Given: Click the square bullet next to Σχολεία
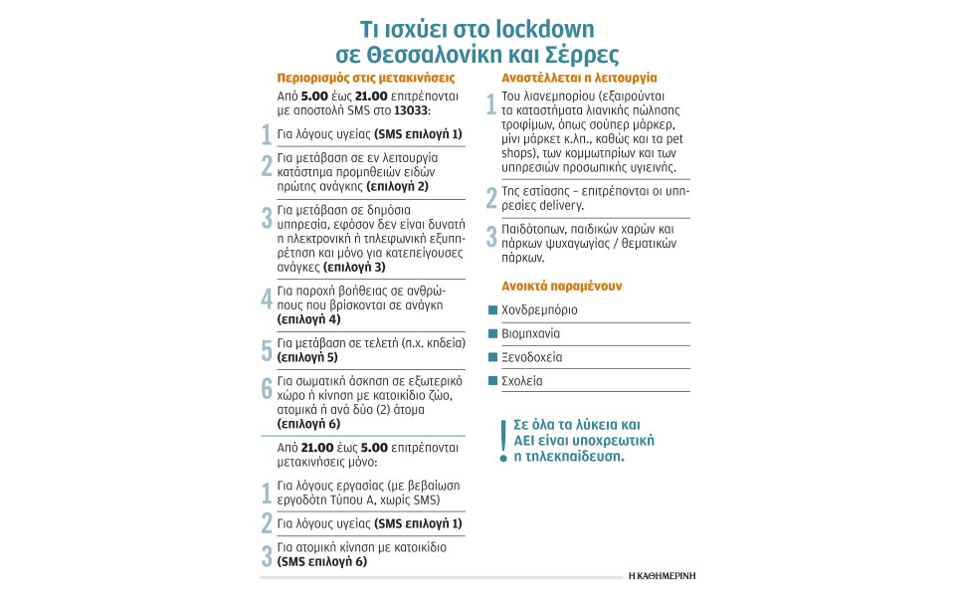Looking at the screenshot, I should coord(492,381).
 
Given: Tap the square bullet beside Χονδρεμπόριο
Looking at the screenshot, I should coord(492,310).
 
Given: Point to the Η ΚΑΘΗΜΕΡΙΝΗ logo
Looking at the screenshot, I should coord(663,575).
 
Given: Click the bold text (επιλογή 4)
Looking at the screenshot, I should coord(308,319).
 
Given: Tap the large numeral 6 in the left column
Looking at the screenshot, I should coord(266,389).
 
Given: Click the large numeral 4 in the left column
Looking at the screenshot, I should coord(266,298).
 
